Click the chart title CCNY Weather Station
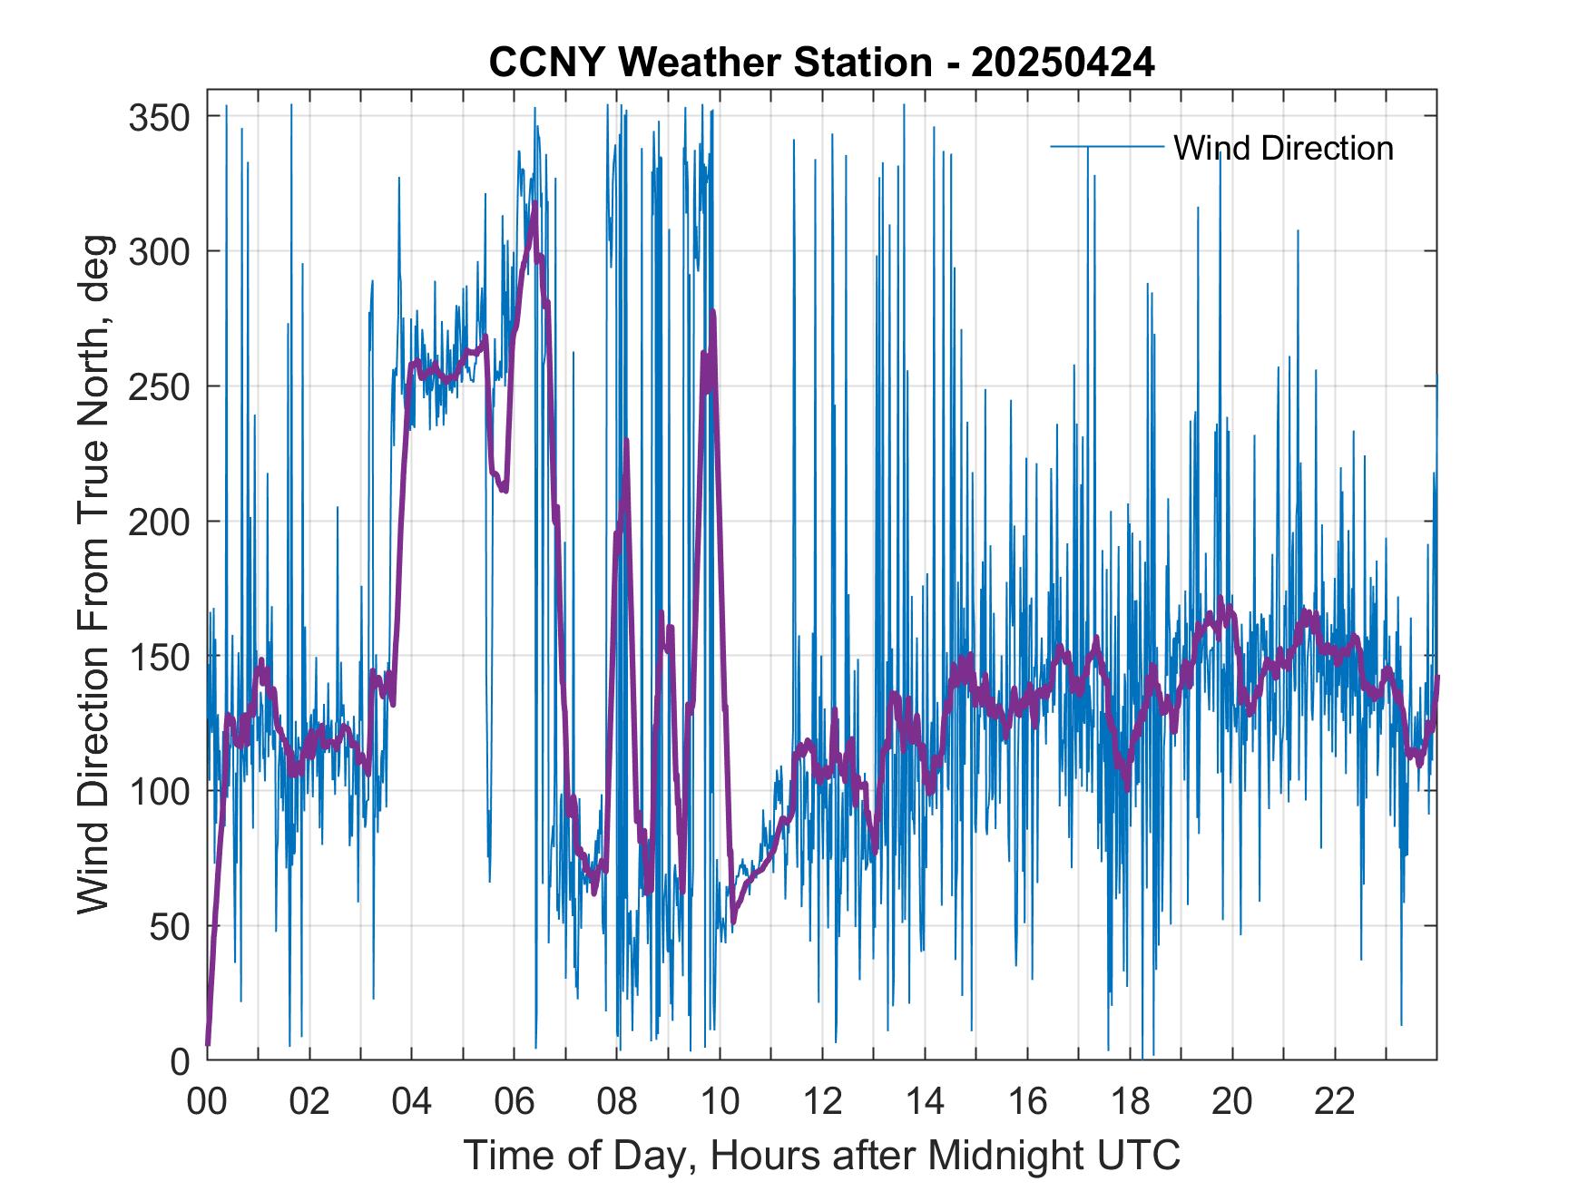coord(821,63)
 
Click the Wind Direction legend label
coord(1283,148)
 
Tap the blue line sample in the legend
coord(1106,146)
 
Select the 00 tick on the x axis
coord(207,1102)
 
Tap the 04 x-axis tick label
coord(412,1102)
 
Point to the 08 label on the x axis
coord(617,1102)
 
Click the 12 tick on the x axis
coord(822,1102)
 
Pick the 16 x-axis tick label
coord(1027,1102)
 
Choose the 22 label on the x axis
coord(1335,1102)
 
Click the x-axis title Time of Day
coord(821,1155)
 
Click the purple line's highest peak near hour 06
coord(535,206)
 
